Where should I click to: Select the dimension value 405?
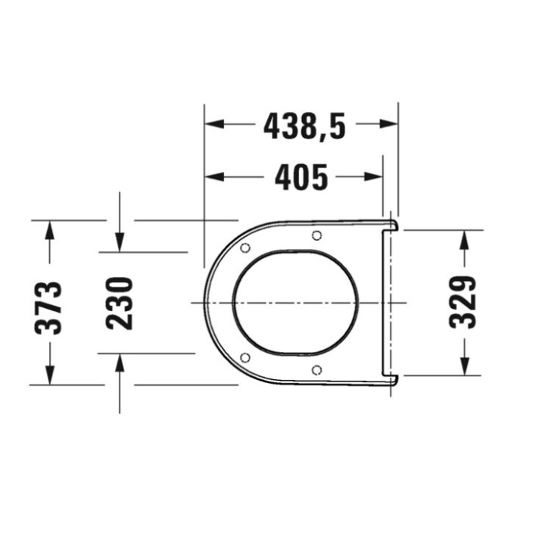pyautogui.click(x=301, y=178)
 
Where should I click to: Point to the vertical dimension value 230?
pyautogui.click(x=120, y=303)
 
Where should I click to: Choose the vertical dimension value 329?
pyautogui.click(x=463, y=301)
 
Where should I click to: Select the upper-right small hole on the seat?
pyautogui.click(x=316, y=235)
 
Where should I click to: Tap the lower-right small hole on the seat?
pyautogui.click(x=316, y=369)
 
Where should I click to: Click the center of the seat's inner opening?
pyautogui.click(x=294, y=302)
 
